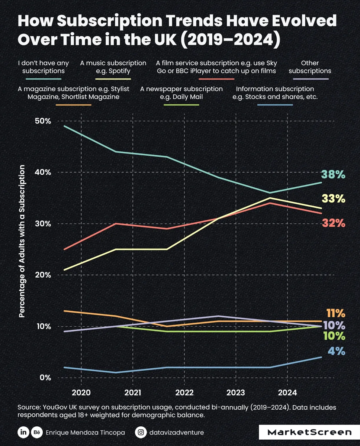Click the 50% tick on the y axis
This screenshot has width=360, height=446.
(x=43, y=121)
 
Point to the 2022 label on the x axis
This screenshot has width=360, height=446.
(x=184, y=392)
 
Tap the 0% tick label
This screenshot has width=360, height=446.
(x=45, y=378)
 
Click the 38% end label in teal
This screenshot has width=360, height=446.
(x=333, y=174)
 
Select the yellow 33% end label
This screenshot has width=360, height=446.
(x=333, y=199)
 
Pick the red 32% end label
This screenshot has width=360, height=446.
(x=333, y=223)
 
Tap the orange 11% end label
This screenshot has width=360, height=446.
(x=335, y=313)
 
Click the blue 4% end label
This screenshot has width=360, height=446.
(x=336, y=351)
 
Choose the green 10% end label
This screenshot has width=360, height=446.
(x=333, y=337)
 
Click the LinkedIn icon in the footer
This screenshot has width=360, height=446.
(x=23, y=432)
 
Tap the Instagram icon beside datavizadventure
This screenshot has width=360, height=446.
(x=141, y=432)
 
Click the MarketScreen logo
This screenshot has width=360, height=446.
(x=309, y=432)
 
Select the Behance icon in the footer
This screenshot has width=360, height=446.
(x=37, y=432)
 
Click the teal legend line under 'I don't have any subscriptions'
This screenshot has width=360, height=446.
(x=44, y=79)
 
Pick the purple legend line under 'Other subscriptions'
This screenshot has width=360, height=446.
(x=310, y=79)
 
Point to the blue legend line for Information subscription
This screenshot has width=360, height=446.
(x=275, y=105)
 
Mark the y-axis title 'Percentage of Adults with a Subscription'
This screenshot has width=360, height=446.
(x=22, y=242)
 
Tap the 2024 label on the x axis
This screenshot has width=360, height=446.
(x=287, y=392)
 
